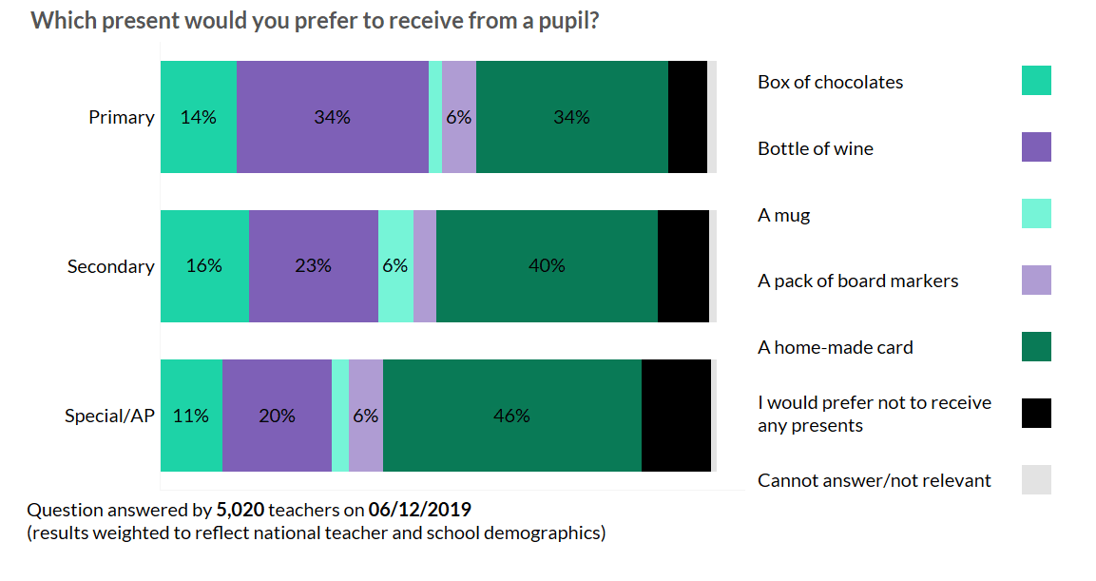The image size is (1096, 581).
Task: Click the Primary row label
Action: click(121, 117)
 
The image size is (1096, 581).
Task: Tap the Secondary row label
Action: click(110, 266)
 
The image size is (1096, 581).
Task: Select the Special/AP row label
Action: click(109, 416)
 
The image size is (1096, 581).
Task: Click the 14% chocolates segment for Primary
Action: click(199, 117)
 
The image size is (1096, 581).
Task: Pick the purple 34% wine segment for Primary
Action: click(333, 117)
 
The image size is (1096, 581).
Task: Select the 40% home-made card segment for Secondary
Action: click(547, 266)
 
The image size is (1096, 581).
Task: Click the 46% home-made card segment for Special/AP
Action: click(512, 416)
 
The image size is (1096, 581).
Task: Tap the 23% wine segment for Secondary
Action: click(314, 266)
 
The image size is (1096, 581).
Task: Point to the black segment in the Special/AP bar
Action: click(676, 416)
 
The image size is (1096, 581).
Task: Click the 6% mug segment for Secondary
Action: click(395, 266)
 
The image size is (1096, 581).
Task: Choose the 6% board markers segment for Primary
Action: click(459, 117)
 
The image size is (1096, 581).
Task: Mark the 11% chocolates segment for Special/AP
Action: click(191, 416)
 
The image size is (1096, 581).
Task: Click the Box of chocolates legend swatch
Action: click(1036, 81)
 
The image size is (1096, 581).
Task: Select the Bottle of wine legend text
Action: click(815, 148)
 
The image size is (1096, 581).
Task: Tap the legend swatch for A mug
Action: click(1036, 214)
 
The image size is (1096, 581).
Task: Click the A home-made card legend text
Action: click(835, 347)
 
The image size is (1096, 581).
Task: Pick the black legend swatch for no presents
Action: click(1036, 414)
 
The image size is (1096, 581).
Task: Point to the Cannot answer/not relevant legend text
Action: click(874, 480)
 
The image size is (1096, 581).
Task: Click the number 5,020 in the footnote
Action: click(238, 509)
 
